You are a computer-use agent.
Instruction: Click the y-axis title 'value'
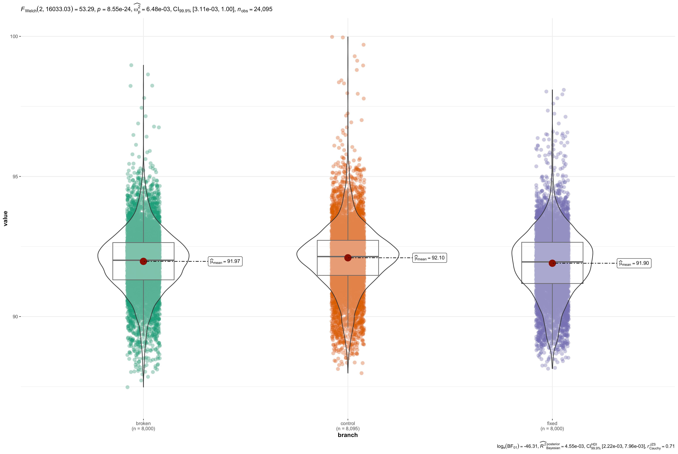[5, 218]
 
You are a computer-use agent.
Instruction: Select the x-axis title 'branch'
[348, 435]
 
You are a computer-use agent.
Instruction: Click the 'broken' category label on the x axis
[143, 423]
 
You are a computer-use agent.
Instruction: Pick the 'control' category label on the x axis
[348, 423]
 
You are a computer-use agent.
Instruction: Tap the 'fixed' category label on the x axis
[552, 423]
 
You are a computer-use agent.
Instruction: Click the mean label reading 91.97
[225, 261]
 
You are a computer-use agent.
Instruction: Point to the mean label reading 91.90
[634, 263]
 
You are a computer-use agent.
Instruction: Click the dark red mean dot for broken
[143, 261]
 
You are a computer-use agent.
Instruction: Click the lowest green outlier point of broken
[127, 387]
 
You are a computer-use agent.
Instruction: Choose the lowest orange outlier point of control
[362, 373]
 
